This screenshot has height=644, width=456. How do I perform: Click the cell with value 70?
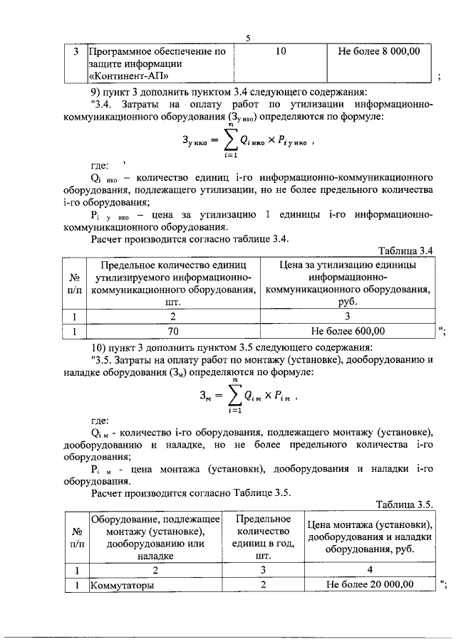point(172,331)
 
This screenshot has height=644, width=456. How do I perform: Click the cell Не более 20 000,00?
point(369,585)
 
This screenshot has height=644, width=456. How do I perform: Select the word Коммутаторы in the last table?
point(121,585)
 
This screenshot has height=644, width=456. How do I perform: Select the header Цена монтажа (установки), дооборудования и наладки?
point(369,537)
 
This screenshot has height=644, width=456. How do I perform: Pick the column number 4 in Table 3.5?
point(369,569)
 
